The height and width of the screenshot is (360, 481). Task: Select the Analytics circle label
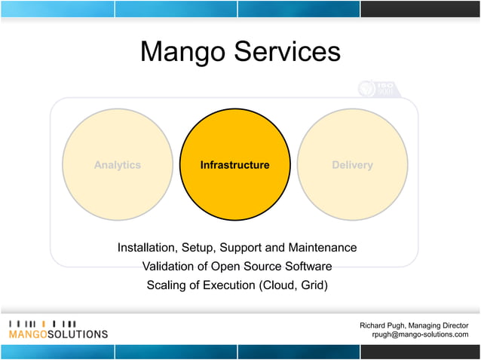click(x=117, y=165)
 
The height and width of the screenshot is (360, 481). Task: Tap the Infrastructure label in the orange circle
click(x=234, y=165)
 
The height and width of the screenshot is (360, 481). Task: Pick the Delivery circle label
click(x=352, y=165)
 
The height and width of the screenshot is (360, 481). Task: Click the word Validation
click(x=169, y=266)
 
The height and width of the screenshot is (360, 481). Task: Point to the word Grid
click(x=311, y=285)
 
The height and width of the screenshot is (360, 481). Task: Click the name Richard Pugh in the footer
click(x=387, y=325)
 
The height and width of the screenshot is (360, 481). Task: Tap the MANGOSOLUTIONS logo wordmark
click(x=58, y=334)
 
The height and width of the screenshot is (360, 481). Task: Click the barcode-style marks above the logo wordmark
click(x=42, y=323)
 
